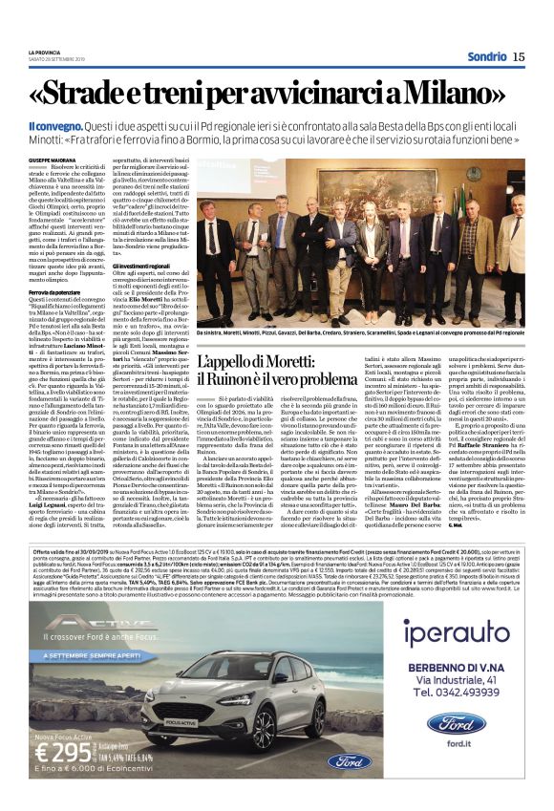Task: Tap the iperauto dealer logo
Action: coord(448,631)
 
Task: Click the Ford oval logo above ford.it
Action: coord(456,722)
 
